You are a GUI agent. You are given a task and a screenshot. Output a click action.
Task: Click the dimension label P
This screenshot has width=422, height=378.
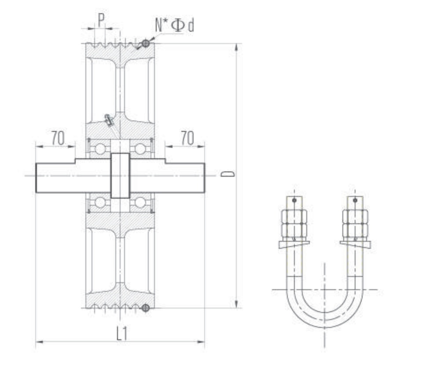(101, 20)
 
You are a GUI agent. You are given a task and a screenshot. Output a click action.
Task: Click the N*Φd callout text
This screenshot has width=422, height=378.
(174, 25)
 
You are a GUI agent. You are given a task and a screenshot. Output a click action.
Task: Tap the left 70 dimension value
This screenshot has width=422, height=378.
(58, 138)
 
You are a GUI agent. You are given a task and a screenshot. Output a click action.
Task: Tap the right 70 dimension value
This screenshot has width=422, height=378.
(187, 138)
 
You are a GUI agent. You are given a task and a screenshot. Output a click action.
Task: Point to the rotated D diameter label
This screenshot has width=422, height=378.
(228, 174)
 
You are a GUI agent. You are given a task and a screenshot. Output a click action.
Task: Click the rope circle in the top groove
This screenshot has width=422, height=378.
(146, 43)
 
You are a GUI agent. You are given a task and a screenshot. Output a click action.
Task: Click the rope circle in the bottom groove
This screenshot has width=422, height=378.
(146, 308)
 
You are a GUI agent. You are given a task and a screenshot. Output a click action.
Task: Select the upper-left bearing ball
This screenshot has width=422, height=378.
(100, 149)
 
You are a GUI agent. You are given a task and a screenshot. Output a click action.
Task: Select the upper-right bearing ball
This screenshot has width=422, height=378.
(140, 149)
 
